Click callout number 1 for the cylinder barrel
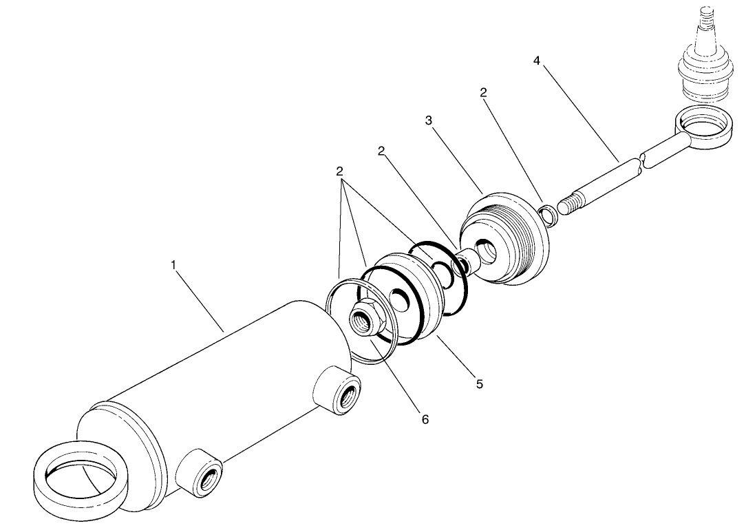(174, 264)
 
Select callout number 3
(428, 120)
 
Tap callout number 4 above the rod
(536, 61)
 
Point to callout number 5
(480, 384)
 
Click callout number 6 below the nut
(425, 419)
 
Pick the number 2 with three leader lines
(339, 171)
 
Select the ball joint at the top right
(704, 69)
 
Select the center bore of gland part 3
(485, 251)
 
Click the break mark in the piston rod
(641, 162)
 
